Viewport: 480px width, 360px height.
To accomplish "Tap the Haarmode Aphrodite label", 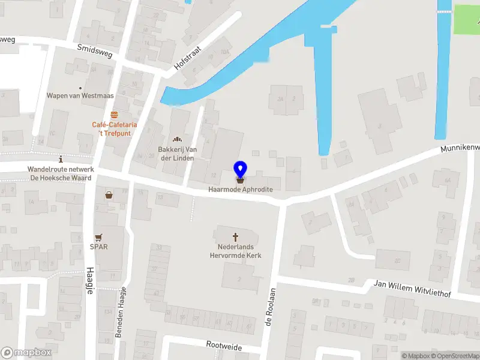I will pyautogui.click(x=240, y=190).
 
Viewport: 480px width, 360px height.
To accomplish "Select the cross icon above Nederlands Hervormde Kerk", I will pyautogui.click(x=235, y=237).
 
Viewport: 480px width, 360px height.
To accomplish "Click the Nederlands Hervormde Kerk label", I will pyautogui.click(x=235, y=251).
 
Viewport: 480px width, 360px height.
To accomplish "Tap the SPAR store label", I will pyautogui.click(x=98, y=247).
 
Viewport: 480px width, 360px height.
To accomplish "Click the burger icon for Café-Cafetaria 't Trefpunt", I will pyautogui.click(x=114, y=115).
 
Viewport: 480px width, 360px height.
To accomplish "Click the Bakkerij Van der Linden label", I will pyautogui.click(x=178, y=153).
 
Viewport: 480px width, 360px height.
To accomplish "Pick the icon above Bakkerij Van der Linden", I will pyautogui.click(x=177, y=139).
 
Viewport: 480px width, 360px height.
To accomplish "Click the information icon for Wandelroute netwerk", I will pyautogui.click(x=61, y=160).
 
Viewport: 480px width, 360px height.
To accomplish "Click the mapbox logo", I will pyautogui.click(x=26, y=353).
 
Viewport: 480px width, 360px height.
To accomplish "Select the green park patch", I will pyautogui.click(x=466, y=19).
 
